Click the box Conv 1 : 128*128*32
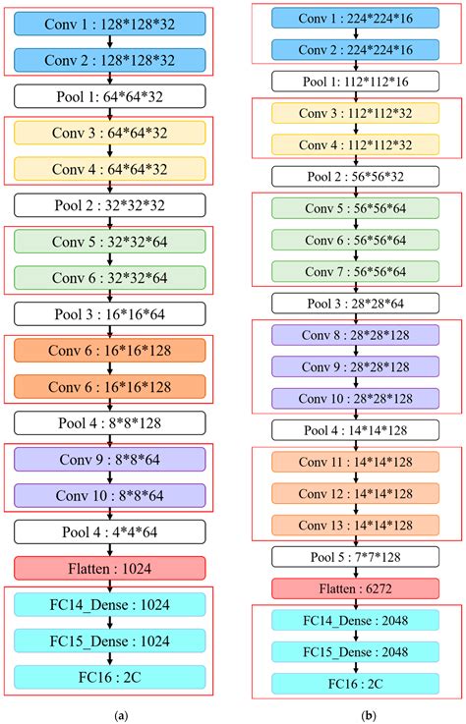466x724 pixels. coord(109,22)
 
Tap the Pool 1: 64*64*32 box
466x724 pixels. coord(109,96)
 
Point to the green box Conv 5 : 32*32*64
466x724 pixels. coord(109,240)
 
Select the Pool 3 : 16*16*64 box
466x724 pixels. coord(109,314)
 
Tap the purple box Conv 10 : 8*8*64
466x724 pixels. coord(109,494)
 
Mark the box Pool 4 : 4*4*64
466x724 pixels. coord(109,531)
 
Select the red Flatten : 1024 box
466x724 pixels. coord(109,568)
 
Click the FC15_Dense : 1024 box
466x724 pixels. coord(109,640)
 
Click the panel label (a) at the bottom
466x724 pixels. coord(119,715)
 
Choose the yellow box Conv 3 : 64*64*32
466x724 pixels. coord(109,133)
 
